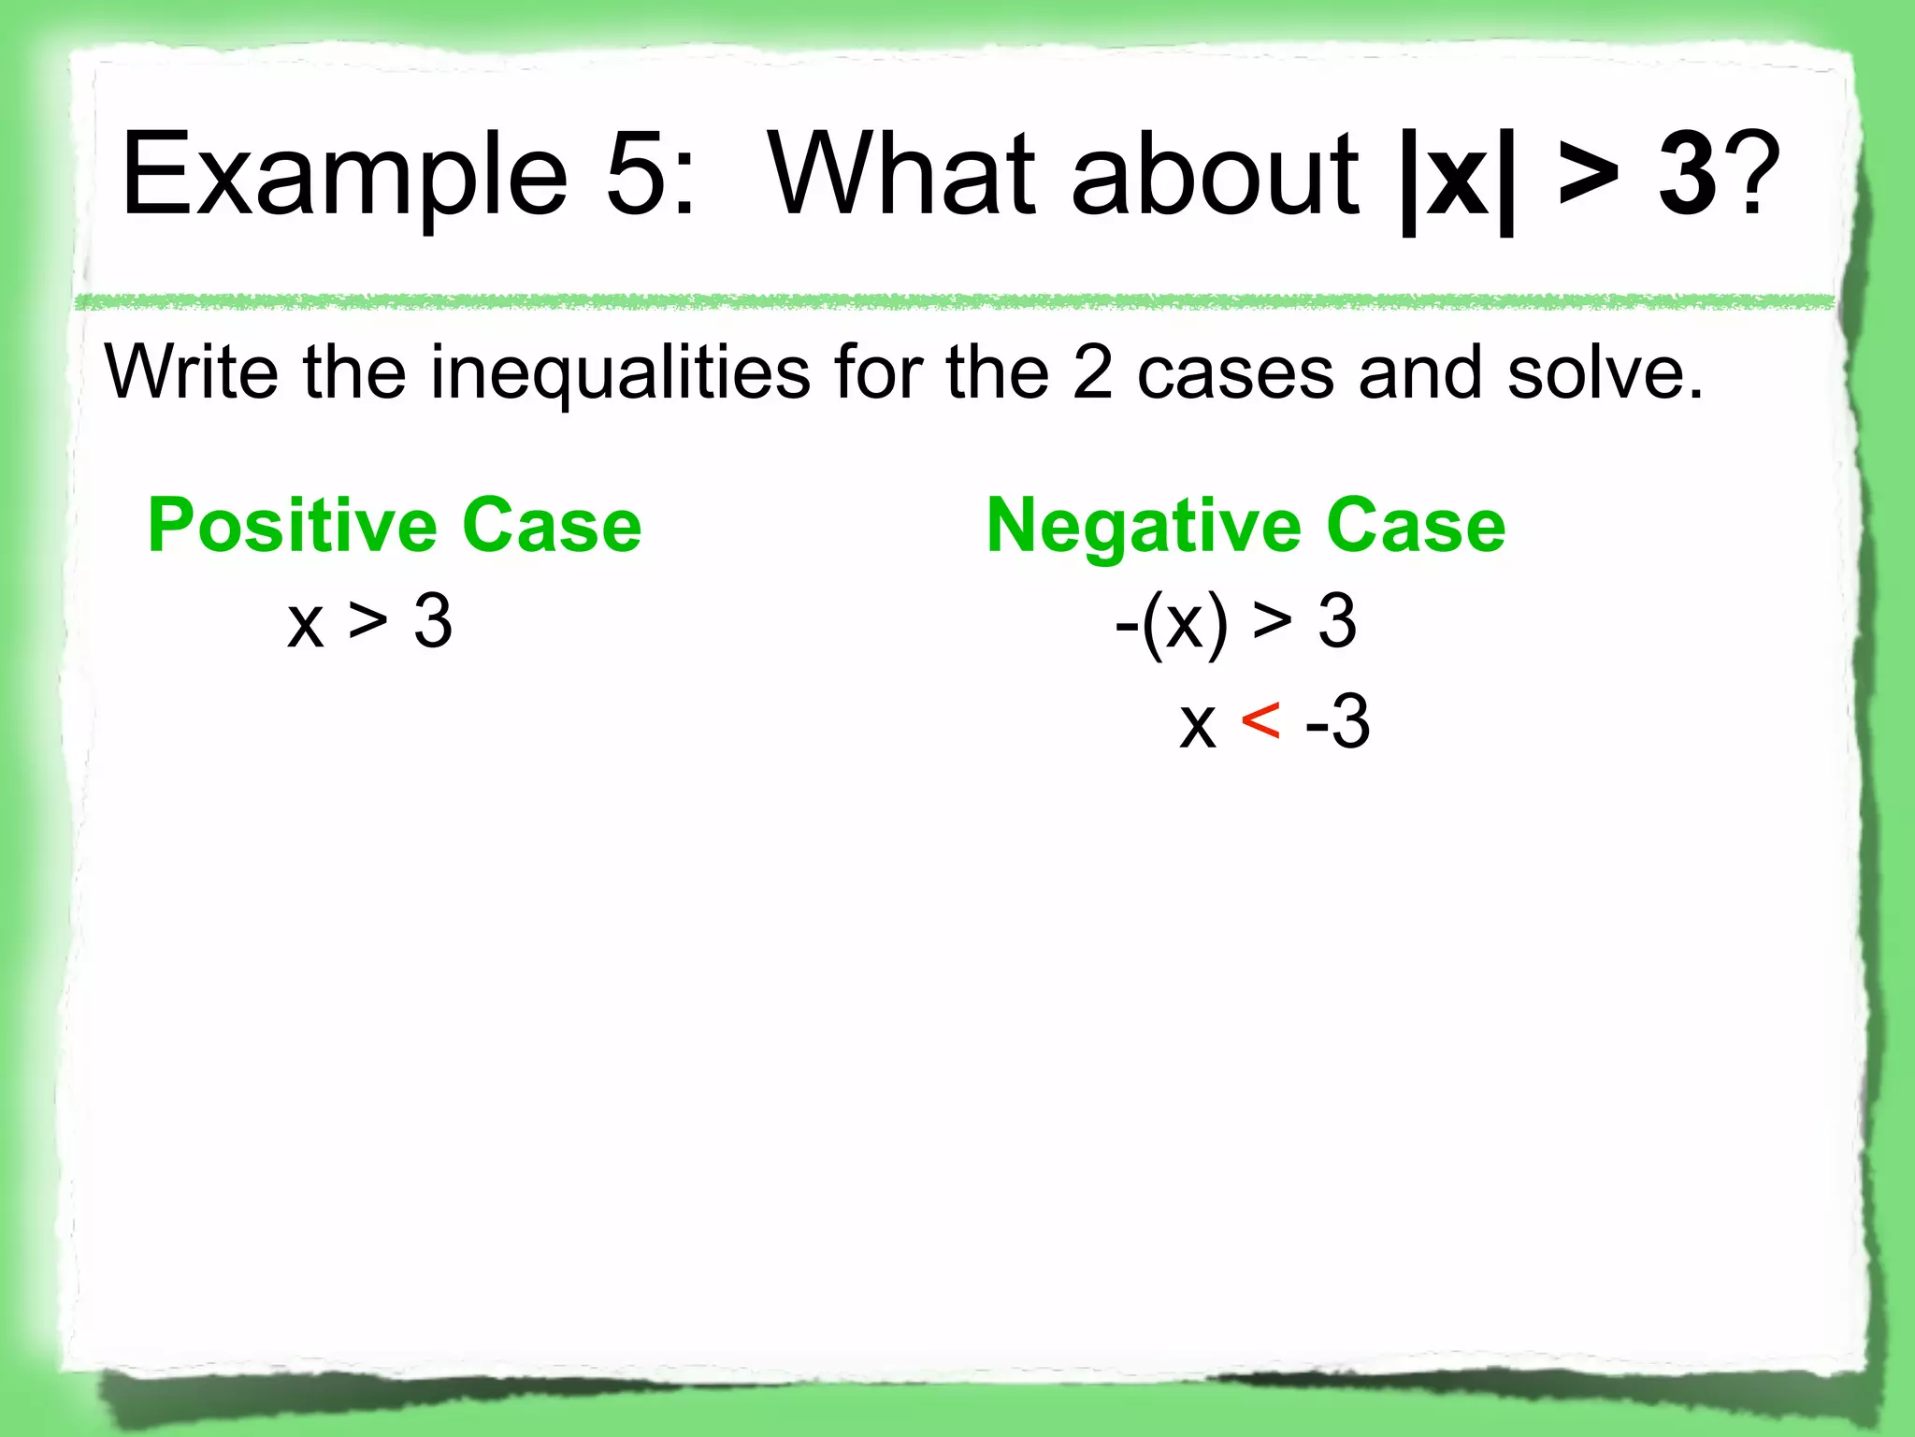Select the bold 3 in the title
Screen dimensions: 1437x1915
[x=1688, y=174]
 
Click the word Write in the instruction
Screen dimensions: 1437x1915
[x=192, y=372]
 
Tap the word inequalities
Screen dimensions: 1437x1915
[x=620, y=372]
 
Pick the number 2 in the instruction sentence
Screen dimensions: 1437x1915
[x=1091, y=372]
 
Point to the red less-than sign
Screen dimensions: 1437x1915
[x=1260, y=721]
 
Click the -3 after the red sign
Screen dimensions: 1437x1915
[x=1338, y=721]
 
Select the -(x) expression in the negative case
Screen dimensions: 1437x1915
[x=1171, y=622]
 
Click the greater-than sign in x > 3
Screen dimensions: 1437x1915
[x=368, y=622]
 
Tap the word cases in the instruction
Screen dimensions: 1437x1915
[x=1235, y=372]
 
